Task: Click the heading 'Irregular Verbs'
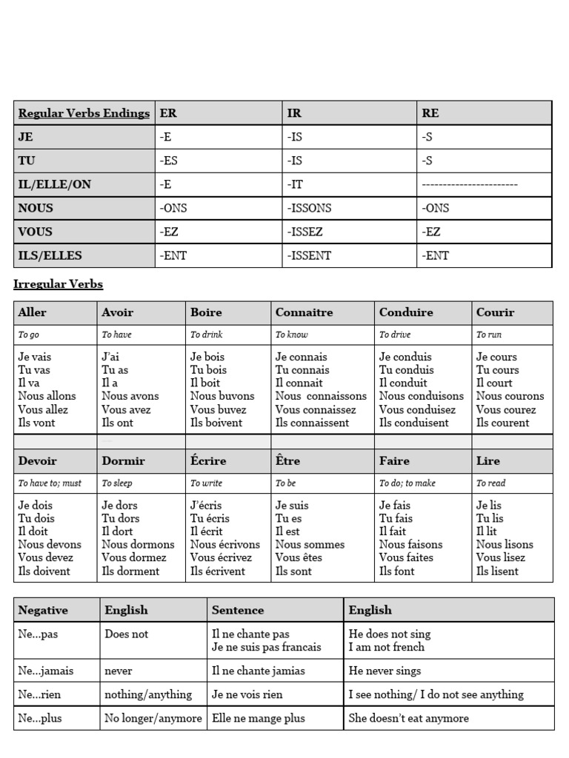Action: click(x=59, y=284)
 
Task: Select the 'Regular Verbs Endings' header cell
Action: click(x=84, y=113)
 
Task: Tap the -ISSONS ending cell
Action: click(x=310, y=208)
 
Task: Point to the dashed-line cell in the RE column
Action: click(x=470, y=184)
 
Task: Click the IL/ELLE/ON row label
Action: click(x=54, y=184)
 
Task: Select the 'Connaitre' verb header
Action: click(x=305, y=312)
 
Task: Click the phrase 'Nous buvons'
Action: click(x=222, y=396)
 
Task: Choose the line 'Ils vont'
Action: click(x=37, y=423)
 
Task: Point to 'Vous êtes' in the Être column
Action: click(x=300, y=557)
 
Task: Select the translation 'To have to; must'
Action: click(x=50, y=483)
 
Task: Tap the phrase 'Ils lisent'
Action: click(x=498, y=571)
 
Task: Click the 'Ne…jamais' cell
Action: click(x=46, y=671)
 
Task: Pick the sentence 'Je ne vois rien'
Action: click(x=247, y=694)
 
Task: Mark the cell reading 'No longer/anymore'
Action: click(x=153, y=718)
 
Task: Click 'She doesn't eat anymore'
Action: click(x=408, y=718)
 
